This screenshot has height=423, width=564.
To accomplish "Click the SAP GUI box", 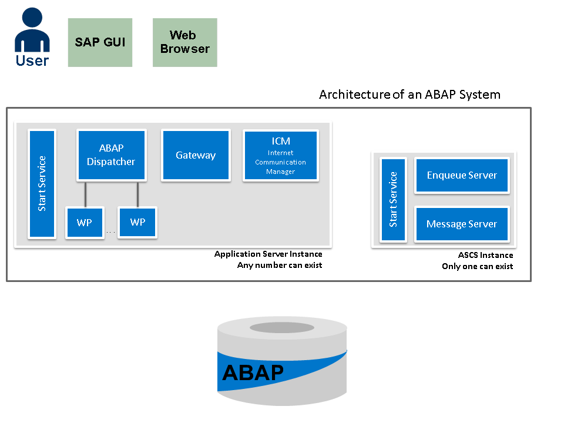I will pyautogui.click(x=100, y=42).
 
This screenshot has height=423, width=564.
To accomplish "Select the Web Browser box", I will pyautogui.click(x=184, y=42).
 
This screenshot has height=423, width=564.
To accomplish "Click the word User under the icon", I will pyautogui.click(x=32, y=60).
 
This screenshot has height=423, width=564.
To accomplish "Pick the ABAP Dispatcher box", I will pyautogui.click(x=111, y=155).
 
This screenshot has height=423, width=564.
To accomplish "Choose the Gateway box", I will pyautogui.click(x=196, y=155).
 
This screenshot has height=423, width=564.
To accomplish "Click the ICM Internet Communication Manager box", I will pyautogui.click(x=280, y=155).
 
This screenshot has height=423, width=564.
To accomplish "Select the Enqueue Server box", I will pyautogui.click(x=461, y=175).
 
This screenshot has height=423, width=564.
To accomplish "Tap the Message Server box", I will pyautogui.click(x=461, y=224).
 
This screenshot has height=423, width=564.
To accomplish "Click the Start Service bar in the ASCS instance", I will pyautogui.click(x=393, y=199).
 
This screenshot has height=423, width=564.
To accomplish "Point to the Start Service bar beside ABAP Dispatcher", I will pyautogui.click(x=42, y=183).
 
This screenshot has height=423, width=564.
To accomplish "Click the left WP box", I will pyautogui.click(x=84, y=223).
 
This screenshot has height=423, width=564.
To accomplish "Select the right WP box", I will pyautogui.click(x=137, y=223).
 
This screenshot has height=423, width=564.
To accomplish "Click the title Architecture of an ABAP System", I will pyautogui.click(x=409, y=95).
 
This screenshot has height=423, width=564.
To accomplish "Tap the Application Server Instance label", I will pyautogui.click(x=268, y=254).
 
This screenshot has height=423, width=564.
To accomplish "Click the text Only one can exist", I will pyautogui.click(x=477, y=266).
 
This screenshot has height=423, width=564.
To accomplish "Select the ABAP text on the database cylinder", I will pyautogui.click(x=253, y=372).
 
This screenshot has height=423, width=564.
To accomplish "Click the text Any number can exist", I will pyautogui.click(x=280, y=266).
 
